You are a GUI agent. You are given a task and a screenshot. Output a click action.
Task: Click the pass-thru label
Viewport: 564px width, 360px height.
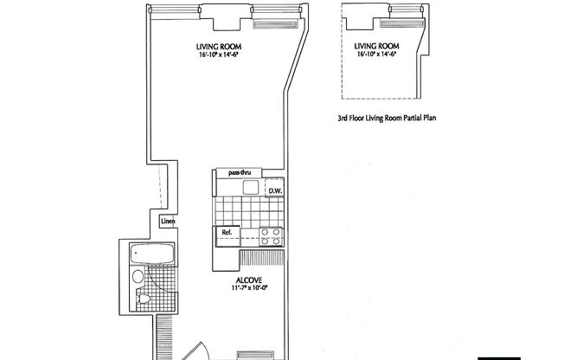coord(239,173)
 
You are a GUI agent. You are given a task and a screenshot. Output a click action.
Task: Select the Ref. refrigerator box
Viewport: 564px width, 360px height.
coord(228,232)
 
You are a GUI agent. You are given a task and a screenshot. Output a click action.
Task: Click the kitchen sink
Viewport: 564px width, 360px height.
coord(251,188)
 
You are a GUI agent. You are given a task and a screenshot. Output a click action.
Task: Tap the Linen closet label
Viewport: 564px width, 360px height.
coord(169,221)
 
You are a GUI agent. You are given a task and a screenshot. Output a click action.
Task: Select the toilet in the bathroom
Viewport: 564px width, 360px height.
coord(144,299)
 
